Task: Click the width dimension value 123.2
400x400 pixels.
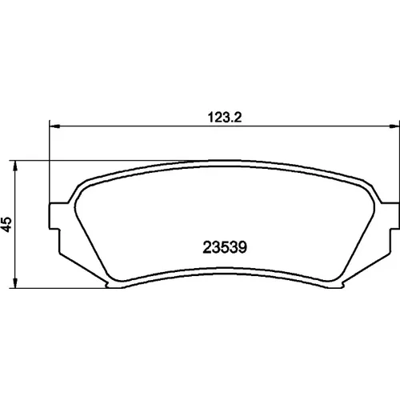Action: click(x=225, y=118)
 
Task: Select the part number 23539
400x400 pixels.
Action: click(x=225, y=247)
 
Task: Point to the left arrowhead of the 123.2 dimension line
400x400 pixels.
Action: click(x=54, y=126)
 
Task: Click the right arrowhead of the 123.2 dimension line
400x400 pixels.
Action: click(x=394, y=126)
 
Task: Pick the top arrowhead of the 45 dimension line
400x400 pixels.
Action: click(x=16, y=166)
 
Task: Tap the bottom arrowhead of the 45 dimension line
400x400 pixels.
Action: click(x=16, y=283)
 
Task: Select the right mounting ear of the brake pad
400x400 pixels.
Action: click(x=390, y=216)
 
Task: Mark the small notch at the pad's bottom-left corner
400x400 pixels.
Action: click(x=107, y=286)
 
